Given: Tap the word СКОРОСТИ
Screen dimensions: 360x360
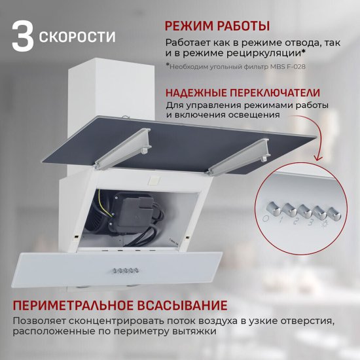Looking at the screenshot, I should [78, 37].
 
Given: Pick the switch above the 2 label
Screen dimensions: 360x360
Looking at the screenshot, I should [303, 211].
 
